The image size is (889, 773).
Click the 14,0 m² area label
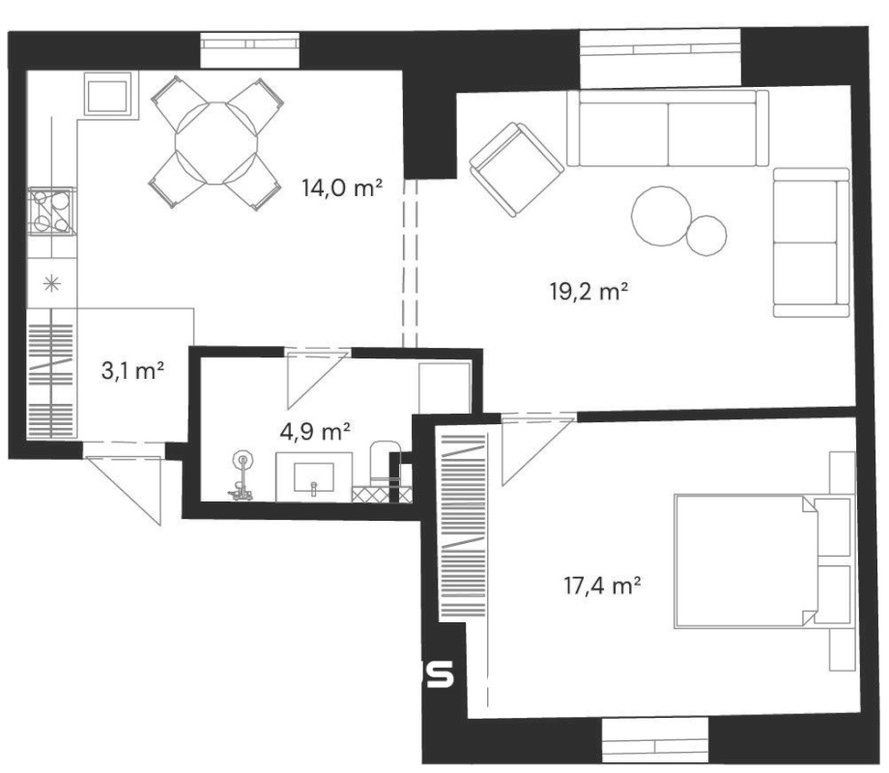coord(342,187)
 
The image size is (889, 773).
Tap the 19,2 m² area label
coord(589,292)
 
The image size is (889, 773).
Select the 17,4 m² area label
coord(603,586)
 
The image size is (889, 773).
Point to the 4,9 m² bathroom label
coord(315,432)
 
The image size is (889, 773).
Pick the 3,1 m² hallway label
coord(132,371)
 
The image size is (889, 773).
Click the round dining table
coord(216,143)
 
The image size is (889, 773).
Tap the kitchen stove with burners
coord(51,211)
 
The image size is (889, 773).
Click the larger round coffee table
coord(662,216)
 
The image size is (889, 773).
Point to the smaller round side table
coord(706,235)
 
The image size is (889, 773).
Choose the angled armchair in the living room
coord(517,169)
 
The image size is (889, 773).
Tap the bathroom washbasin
coord(313,477)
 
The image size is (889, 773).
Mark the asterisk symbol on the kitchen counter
coord(51,283)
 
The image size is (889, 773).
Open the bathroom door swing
coord(317,379)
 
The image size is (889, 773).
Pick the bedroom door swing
coord(538,451)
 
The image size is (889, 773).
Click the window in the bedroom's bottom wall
coord(655,740)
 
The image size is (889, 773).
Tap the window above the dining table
coord(250,50)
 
